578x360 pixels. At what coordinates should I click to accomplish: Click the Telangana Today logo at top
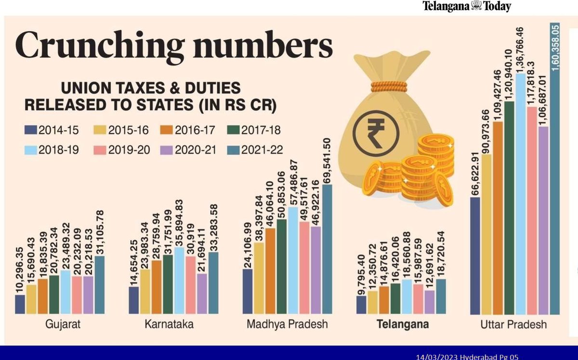466,6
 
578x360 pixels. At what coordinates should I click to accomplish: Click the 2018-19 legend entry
51,150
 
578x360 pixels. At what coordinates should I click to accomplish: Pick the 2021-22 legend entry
253,150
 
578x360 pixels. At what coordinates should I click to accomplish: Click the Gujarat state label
63,324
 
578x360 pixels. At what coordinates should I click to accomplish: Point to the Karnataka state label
169,324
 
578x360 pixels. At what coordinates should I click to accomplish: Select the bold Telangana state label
403,324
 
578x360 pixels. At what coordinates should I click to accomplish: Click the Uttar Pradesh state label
513,324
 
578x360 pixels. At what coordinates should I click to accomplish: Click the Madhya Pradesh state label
287,324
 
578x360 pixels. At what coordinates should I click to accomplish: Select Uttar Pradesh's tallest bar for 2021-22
555,193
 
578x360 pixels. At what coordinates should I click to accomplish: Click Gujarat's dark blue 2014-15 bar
20,304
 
